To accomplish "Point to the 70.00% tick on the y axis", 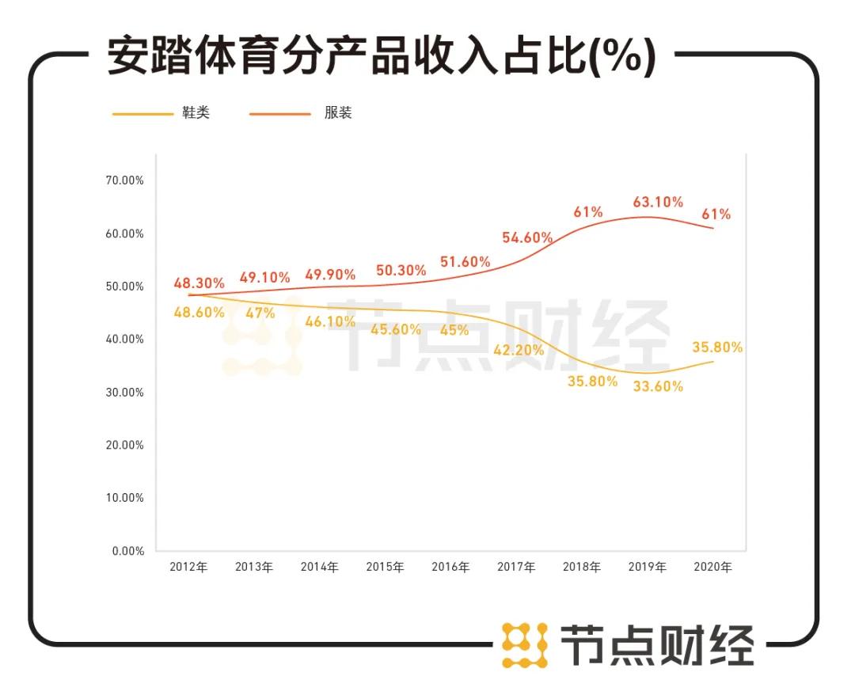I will pos(125,180).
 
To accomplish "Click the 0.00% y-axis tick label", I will pos(127,551).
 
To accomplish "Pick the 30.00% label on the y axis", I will pos(125,393).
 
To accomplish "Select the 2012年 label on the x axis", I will pos(188,568).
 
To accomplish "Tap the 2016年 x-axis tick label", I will pos(450,568).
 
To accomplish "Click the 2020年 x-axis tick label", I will pos(712,568).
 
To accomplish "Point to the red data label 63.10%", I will pos(658,203).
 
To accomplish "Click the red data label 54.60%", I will pos(527,237).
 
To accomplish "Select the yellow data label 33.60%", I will pos(658,386).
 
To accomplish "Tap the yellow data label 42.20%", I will pos(519,350).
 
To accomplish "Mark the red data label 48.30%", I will pos(199,283).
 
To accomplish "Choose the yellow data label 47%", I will pos(260,313).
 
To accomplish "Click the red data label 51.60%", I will pos(465,262).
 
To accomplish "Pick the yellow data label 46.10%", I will pos(330,322).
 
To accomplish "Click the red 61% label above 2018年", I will pos(588,212).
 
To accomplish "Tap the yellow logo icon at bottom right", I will pos(525,644).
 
